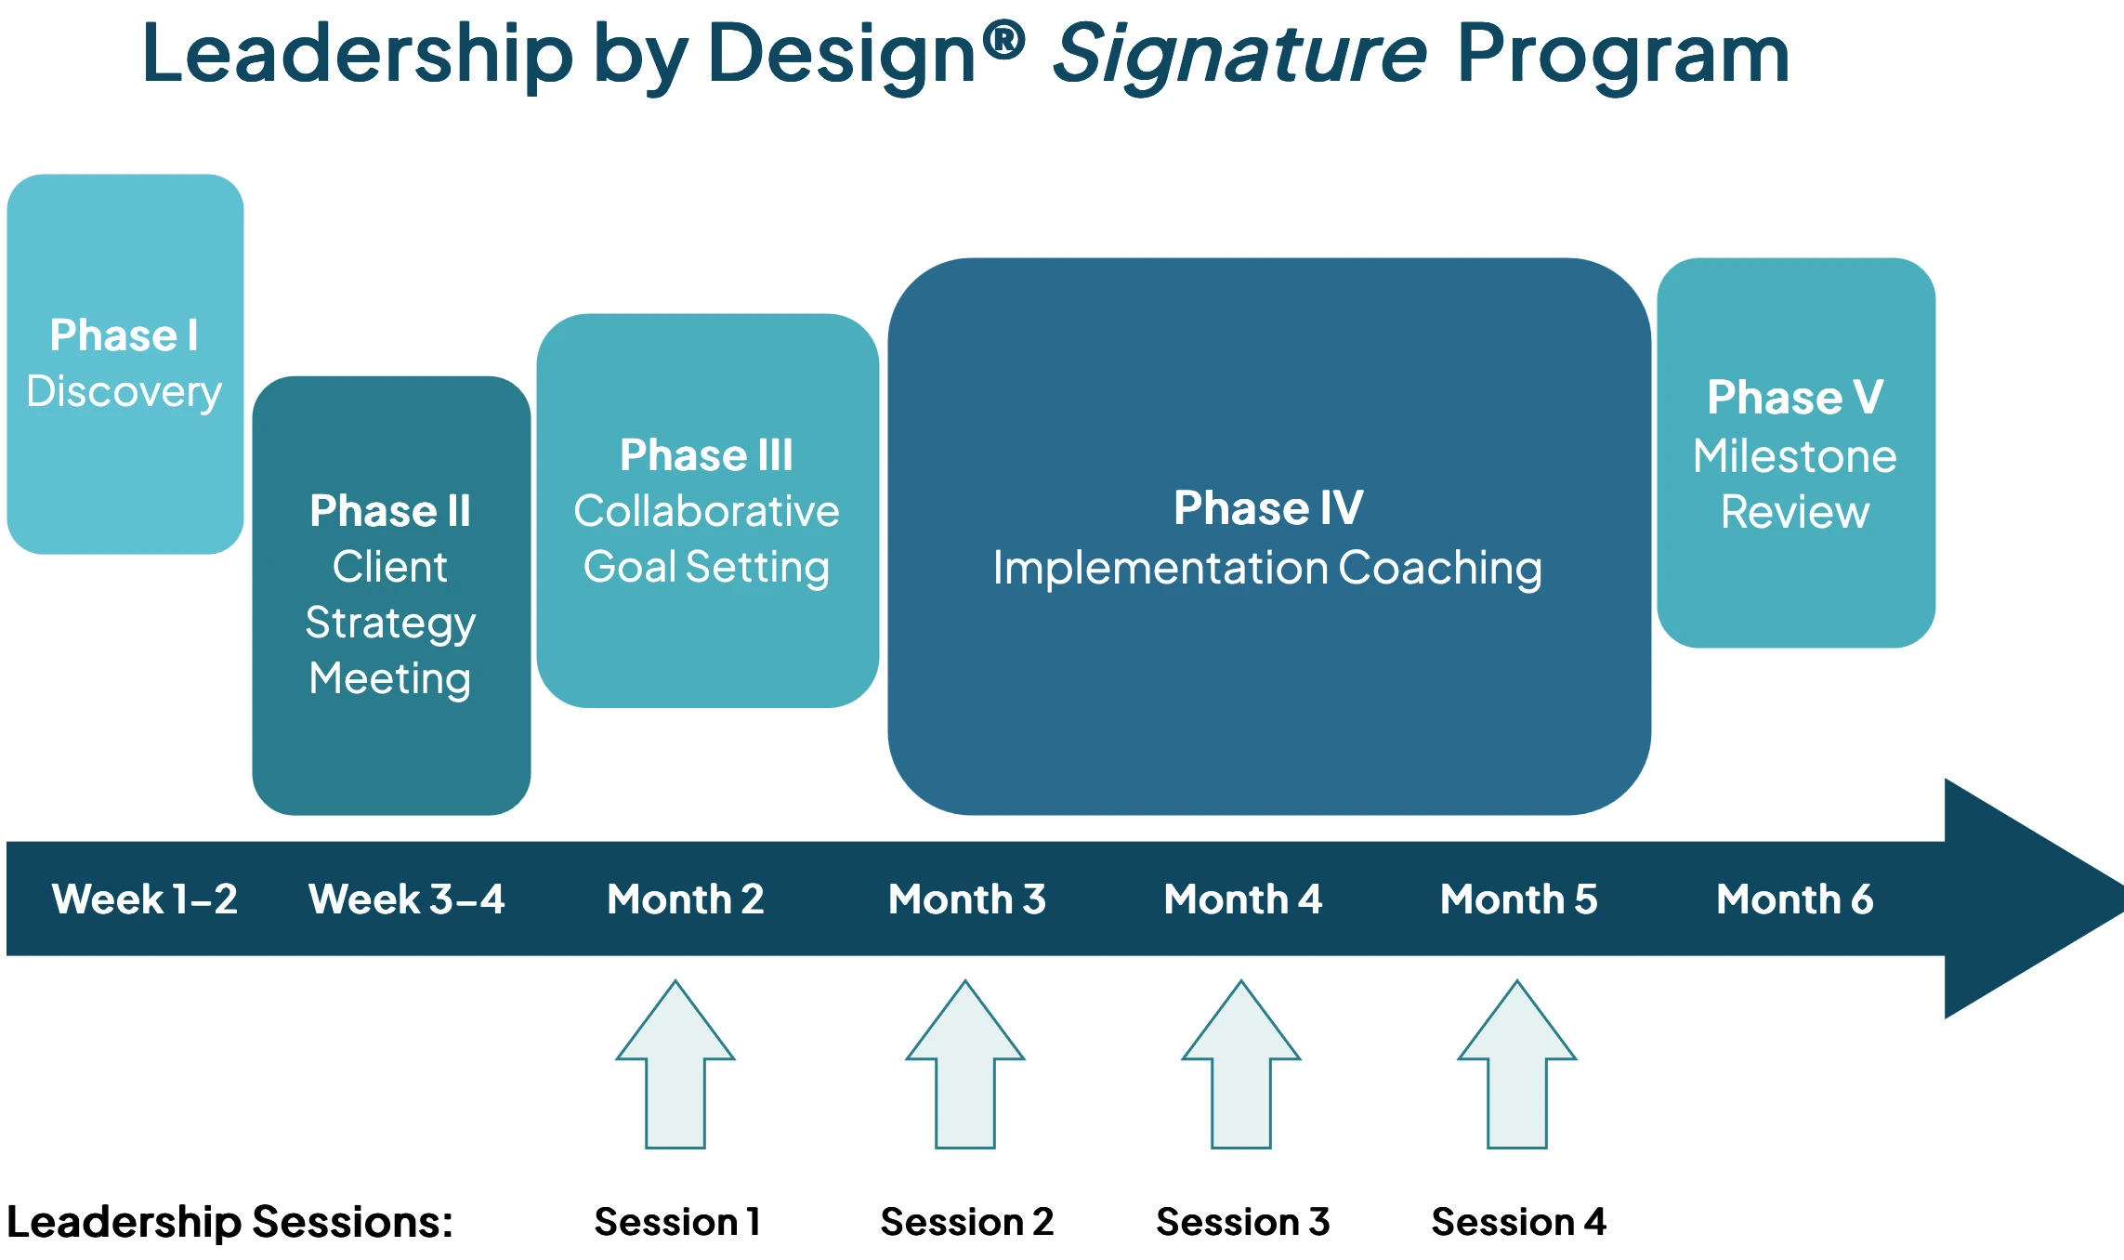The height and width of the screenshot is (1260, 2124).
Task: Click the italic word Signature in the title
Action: tap(1239, 56)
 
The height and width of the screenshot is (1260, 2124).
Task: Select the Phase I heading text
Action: tap(125, 335)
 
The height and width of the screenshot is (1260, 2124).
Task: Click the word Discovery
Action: tap(125, 392)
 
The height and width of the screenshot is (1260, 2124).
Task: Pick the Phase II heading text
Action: tap(390, 511)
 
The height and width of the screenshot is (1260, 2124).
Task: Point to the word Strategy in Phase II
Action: tap(390, 623)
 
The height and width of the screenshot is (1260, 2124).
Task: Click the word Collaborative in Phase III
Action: tap(706, 511)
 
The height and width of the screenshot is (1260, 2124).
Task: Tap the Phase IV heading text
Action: tap(1268, 508)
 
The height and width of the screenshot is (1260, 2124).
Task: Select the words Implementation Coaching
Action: tap(1267, 568)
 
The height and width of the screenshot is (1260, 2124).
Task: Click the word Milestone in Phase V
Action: tap(1794, 456)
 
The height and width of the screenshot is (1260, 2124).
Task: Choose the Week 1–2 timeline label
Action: tap(145, 899)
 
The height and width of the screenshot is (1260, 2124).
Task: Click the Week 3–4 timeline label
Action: tap(407, 899)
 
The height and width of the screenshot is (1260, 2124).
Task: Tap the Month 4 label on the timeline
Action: tap(1242, 899)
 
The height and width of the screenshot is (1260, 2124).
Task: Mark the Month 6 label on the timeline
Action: tap(1794, 899)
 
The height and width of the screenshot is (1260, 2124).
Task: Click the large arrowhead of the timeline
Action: tap(2026, 899)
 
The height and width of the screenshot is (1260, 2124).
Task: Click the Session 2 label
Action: tap(966, 1222)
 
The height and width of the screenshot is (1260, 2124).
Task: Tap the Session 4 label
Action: tap(1518, 1222)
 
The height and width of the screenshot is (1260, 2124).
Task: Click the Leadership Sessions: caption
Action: tap(229, 1222)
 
